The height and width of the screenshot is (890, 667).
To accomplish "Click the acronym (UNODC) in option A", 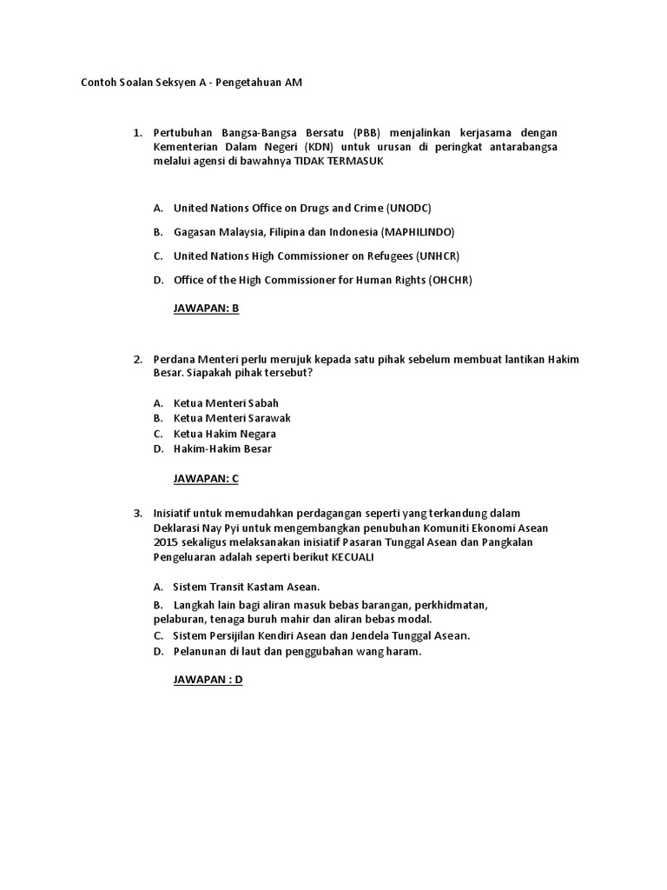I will coord(408,209).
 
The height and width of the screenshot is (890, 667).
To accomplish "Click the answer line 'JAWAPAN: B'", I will coord(206,309).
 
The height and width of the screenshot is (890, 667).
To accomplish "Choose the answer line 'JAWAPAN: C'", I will coord(206,478).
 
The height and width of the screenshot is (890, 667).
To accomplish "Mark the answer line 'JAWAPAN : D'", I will coord(208,680).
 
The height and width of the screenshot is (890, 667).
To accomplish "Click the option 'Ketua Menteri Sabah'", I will coord(226,403).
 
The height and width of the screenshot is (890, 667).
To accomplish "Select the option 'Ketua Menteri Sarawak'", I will coord(232,418).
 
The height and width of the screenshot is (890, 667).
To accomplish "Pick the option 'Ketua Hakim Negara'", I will coord(225,434).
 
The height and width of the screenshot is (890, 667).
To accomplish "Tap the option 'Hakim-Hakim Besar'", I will coord(222,448).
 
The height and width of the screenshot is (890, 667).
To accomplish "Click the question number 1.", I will coord(137,133).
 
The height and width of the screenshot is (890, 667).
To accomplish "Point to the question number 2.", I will coord(137,360).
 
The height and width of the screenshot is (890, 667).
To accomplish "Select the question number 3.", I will coord(137,513).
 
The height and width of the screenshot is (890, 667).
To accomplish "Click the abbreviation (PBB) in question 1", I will coord(368,133).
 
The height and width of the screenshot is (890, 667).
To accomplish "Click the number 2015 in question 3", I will coord(165,542).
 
